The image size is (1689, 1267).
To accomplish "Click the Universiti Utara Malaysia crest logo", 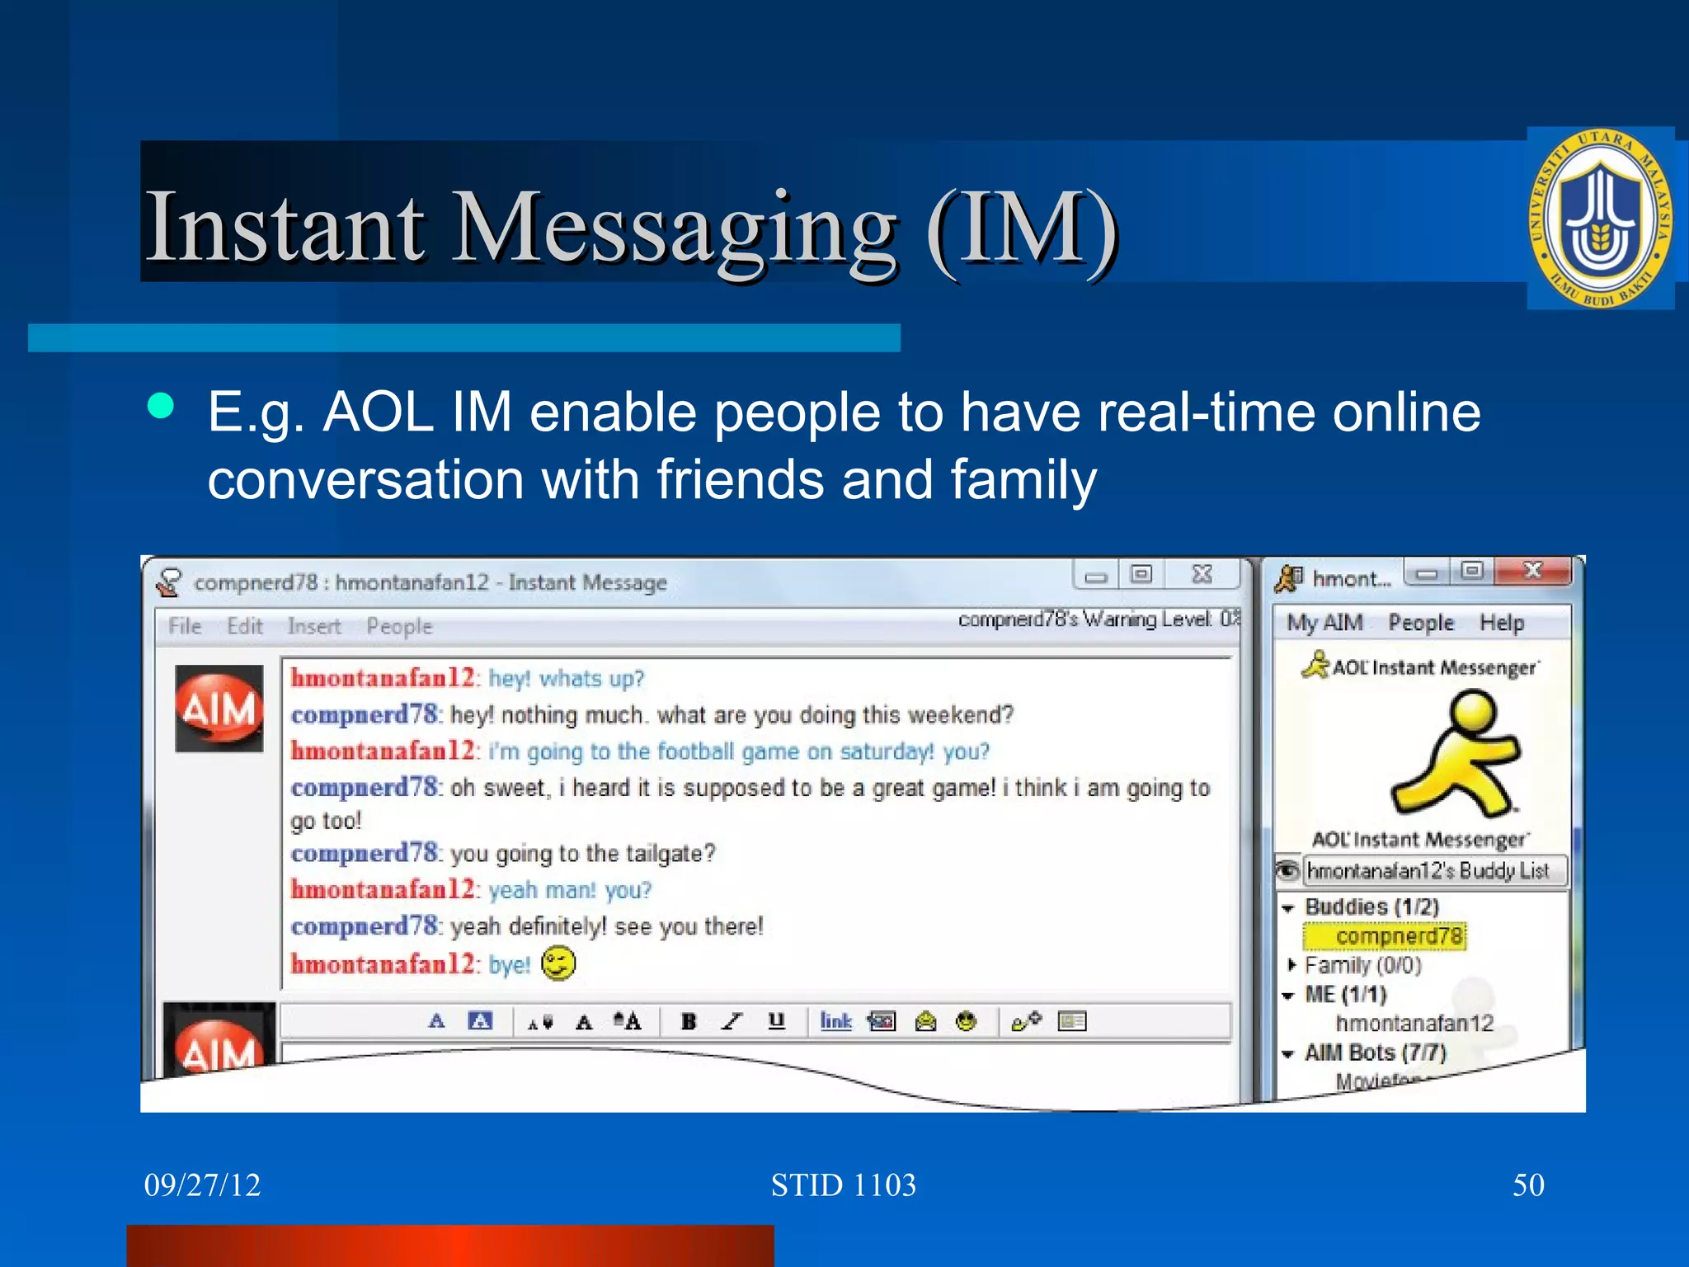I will click(x=1600, y=219).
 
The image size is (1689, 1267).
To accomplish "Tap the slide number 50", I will click(x=1527, y=1185).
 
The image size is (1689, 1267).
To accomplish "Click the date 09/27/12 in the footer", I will click(x=202, y=1185).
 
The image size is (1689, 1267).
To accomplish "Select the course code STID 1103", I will click(x=843, y=1185).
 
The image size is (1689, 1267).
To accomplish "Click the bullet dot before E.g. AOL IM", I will click(x=161, y=406).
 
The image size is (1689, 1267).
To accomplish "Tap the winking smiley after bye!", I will click(x=558, y=963).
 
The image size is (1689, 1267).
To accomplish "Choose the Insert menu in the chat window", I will click(x=314, y=626).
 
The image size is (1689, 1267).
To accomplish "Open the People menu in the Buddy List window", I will click(x=1420, y=623).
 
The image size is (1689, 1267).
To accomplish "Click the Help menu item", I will click(x=1501, y=623).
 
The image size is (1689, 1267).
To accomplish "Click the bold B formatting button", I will click(x=689, y=1021).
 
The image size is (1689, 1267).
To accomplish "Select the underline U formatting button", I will click(x=776, y=1021).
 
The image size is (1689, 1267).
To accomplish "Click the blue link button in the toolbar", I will click(x=835, y=1021).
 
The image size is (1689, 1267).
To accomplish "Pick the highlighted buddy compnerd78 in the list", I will click(x=1399, y=936).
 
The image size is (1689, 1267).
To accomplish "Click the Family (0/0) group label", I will click(x=1363, y=965).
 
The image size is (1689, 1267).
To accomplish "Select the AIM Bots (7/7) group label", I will click(x=1375, y=1053).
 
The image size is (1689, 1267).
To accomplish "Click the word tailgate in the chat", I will click(x=662, y=853).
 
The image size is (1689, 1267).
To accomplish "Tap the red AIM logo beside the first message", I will click(x=219, y=709).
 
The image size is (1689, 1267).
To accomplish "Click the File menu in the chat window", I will click(x=185, y=626).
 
